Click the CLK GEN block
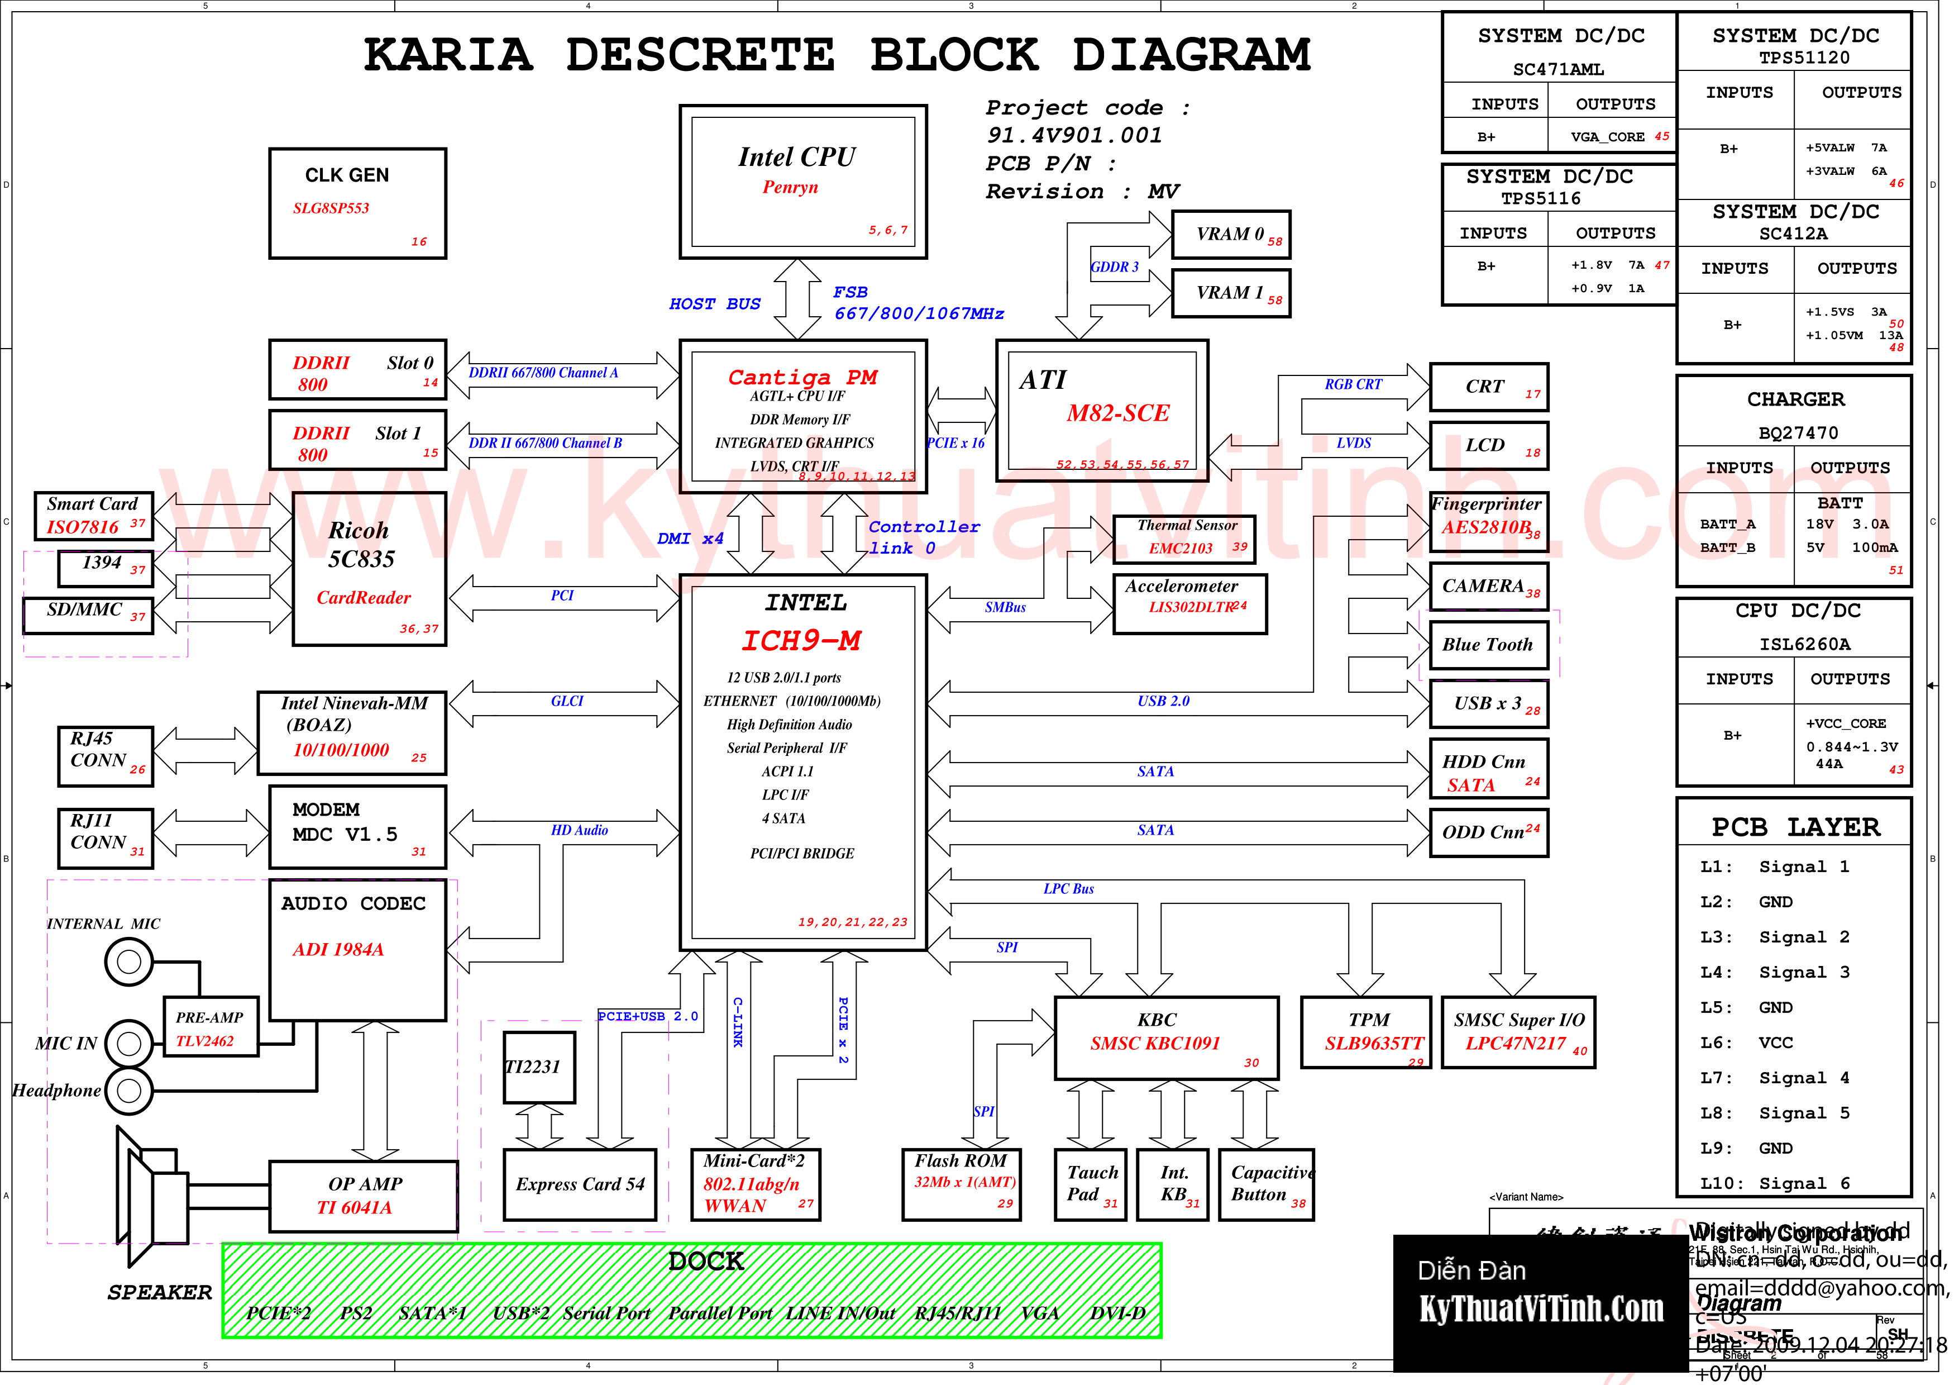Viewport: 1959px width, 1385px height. [357, 203]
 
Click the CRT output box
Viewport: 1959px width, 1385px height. [1488, 387]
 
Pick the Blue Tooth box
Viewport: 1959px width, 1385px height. [1488, 645]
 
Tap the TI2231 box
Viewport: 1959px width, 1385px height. [538, 1067]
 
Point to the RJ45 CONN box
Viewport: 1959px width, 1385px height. [106, 755]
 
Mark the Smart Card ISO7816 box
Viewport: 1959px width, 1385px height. [94, 516]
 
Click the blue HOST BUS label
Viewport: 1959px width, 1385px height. [714, 304]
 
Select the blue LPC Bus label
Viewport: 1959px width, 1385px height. [1068, 889]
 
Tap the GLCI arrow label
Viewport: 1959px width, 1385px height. [567, 702]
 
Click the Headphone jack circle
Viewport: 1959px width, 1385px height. [129, 1090]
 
